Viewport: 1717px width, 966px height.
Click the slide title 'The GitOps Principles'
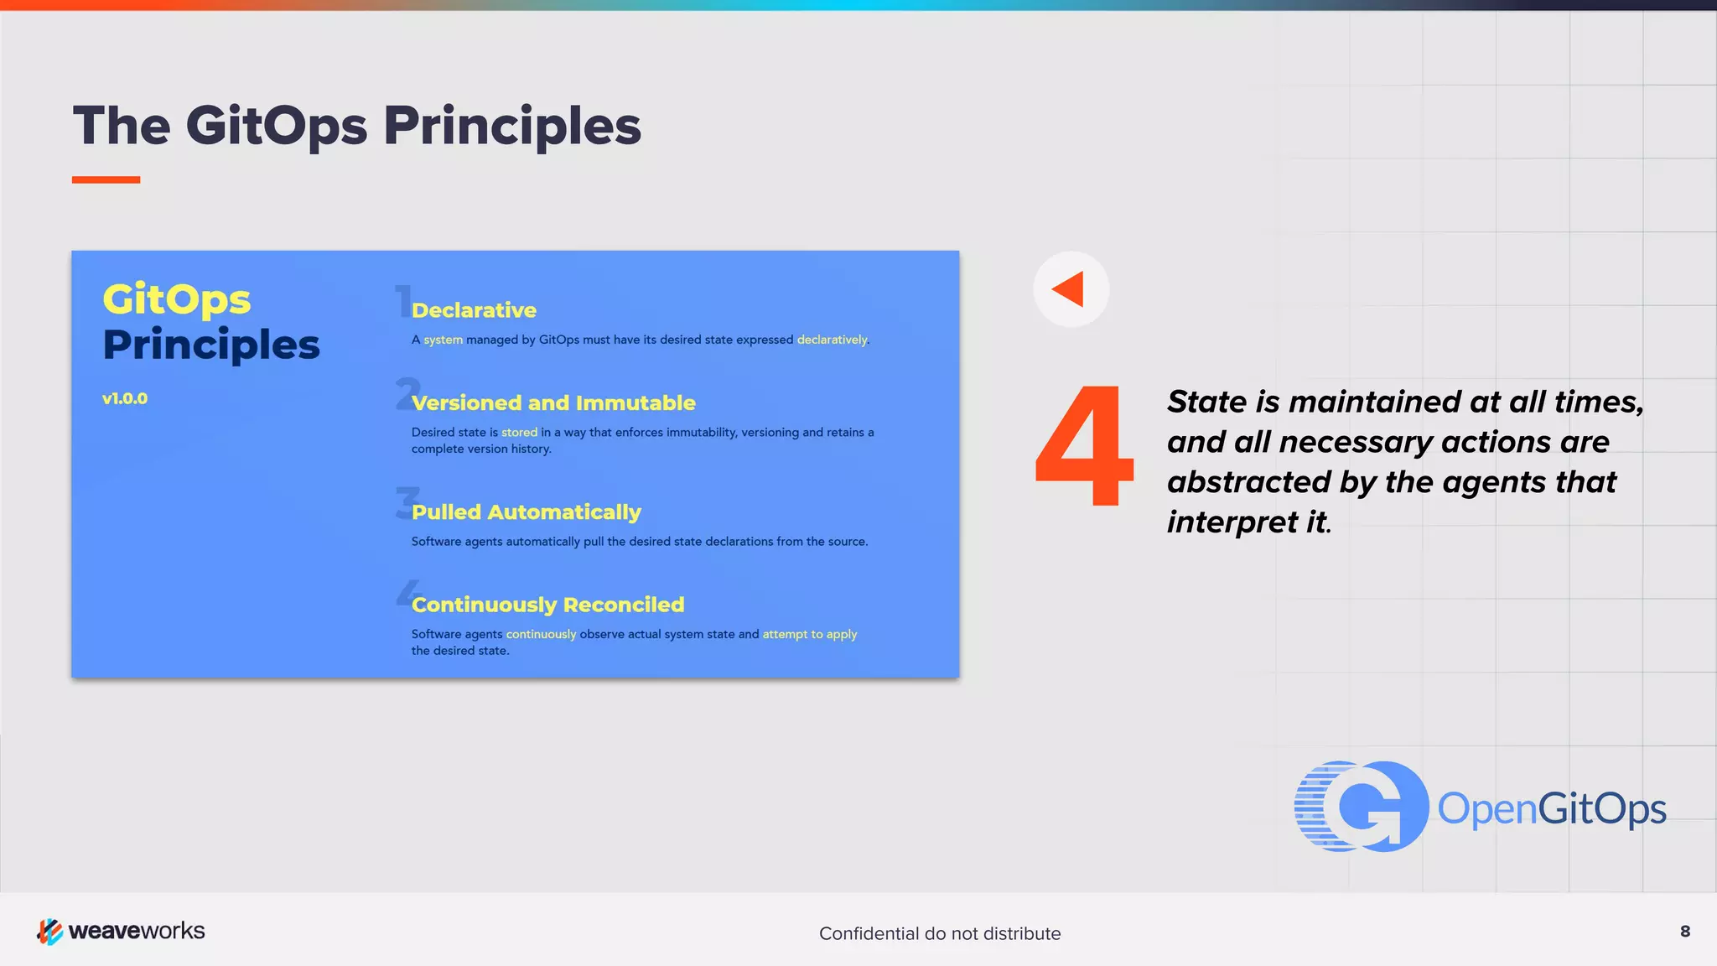pos(356,126)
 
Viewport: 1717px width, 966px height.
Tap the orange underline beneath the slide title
pos(106,179)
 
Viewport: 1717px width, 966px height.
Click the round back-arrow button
pos(1071,289)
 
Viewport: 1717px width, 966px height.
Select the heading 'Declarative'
pos(474,310)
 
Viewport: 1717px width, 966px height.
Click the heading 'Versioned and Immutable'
pos(553,403)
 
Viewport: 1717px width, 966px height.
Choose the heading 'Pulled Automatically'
pos(526,512)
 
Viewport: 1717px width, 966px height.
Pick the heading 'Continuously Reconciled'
pos(547,605)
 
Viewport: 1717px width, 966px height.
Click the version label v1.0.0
pos(125,399)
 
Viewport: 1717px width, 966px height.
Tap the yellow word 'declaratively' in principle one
pos(832,340)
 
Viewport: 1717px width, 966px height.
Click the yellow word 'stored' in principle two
pos(519,433)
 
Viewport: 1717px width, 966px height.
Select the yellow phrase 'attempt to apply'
pos(809,635)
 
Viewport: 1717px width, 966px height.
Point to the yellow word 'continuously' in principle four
pos(541,635)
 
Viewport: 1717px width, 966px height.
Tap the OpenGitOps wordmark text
pos(1551,809)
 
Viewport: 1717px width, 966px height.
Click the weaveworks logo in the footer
pos(121,931)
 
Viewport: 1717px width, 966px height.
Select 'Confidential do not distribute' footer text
pos(940,933)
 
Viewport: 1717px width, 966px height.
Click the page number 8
pos(1685,932)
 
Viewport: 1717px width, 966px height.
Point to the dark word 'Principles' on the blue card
pos(211,345)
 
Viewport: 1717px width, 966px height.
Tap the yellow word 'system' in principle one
pos(443,340)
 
